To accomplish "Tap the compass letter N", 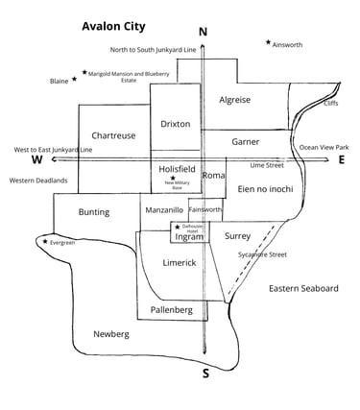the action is (x=203, y=32).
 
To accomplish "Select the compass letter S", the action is (x=205, y=373).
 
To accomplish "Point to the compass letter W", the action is (x=36, y=160).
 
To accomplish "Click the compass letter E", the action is (x=342, y=160).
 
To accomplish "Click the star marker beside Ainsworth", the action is (x=268, y=42).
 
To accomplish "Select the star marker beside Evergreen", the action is (x=45, y=242).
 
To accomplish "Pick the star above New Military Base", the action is (x=173, y=178).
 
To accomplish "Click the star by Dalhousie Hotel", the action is (x=178, y=228).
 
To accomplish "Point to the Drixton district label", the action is (x=176, y=124).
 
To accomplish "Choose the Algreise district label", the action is (x=235, y=100).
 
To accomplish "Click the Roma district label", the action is (x=213, y=176).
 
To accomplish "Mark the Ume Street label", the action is (x=268, y=165).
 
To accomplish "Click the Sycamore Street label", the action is (x=263, y=254).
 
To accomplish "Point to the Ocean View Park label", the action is (x=324, y=147).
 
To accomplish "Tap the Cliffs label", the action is (x=331, y=102).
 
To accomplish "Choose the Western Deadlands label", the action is (x=38, y=181).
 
